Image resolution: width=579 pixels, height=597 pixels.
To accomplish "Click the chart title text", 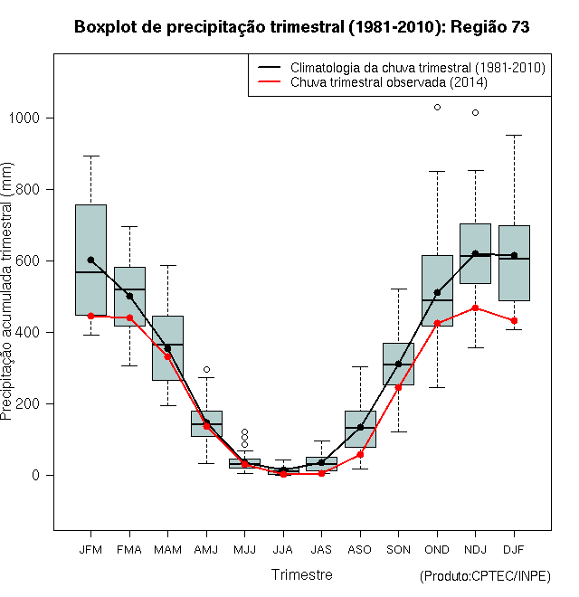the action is (301, 27).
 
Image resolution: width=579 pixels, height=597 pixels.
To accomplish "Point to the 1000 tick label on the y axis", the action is (24, 118).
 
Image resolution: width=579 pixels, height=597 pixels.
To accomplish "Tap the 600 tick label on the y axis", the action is (28, 261).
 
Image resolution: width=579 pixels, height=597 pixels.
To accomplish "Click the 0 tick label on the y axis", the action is (36, 475).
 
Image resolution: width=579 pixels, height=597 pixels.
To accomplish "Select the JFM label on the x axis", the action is (90, 550).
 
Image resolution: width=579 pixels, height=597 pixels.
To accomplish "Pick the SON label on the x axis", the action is (398, 550).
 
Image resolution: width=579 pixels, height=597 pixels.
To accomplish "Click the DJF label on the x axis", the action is (514, 550).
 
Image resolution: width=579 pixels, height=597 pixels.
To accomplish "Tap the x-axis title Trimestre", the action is (301, 574).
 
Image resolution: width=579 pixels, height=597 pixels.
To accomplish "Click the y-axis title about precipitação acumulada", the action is (7, 291).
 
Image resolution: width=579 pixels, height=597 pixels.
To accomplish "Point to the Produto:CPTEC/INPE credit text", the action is (485, 576).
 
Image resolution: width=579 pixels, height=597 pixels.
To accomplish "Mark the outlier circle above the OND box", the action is (437, 108).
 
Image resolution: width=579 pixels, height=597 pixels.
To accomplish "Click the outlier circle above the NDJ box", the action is (475, 113).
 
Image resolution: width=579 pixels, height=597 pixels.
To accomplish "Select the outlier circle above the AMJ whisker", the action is (206, 369).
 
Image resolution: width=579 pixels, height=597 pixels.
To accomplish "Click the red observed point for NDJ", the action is (475, 308).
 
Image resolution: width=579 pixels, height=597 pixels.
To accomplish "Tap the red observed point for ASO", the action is (360, 455).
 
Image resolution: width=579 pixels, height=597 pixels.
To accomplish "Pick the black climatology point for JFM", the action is (90, 260).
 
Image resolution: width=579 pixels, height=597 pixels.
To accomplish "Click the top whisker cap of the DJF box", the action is (514, 135).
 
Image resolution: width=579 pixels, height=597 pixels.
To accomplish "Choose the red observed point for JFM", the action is (90, 316).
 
